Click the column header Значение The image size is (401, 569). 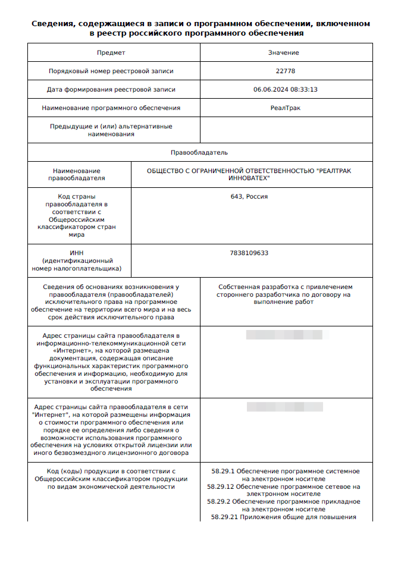point(283,52)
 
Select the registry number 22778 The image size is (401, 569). point(285,71)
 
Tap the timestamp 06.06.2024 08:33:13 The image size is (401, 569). point(285,90)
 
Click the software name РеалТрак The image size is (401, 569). point(285,108)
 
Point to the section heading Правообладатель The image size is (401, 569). point(199,153)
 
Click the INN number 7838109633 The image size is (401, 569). point(249,253)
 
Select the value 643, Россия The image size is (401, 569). point(249,196)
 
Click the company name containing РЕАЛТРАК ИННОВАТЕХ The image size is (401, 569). point(249,174)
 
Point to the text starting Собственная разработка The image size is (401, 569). point(285,294)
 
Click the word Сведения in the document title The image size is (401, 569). point(53,24)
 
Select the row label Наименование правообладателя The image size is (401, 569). point(77,174)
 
